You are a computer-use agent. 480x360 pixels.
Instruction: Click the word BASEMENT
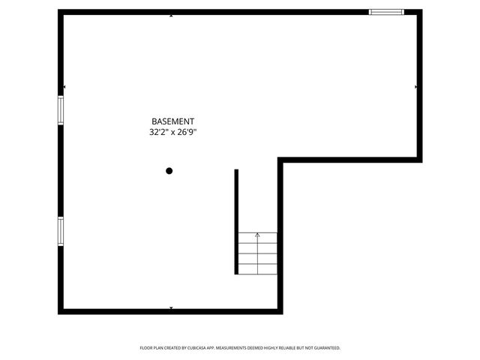[x=173, y=121]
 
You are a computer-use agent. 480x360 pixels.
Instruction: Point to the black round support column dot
[x=169, y=171]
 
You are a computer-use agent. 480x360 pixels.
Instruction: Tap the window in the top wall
[x=386, y=12]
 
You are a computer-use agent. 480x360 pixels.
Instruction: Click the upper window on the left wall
[x=61, y=109]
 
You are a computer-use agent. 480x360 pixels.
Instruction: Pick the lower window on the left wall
[x=61, y=230]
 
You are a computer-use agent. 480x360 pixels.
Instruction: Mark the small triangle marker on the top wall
[x=172, y=15]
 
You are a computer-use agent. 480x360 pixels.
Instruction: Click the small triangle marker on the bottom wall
[x=172, y=307]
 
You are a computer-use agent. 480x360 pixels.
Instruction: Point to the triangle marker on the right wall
[x=416, y=87]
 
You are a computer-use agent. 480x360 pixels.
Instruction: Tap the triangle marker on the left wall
[x=64, y=87]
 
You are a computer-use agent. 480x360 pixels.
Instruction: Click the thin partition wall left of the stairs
[x=236, y=221]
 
